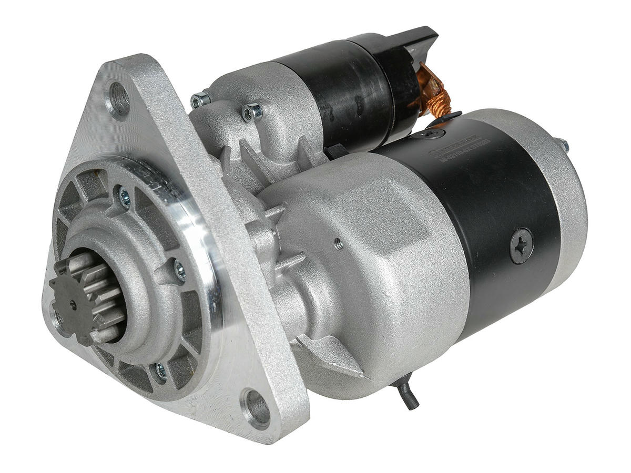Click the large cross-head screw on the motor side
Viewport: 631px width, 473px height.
pos(521,245)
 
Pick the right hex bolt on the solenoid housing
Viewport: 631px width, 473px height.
pos(251,112)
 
